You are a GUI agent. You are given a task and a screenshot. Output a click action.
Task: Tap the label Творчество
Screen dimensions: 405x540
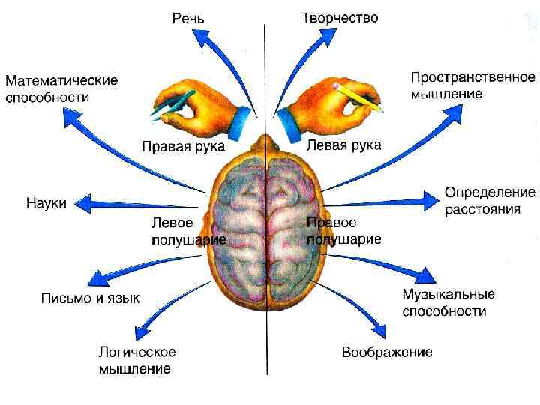click(x=340, y=16)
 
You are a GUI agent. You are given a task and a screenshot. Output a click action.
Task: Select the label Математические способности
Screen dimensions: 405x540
click(x=61, y=88)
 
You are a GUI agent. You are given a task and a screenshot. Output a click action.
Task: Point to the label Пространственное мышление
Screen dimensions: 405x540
click(x=472, y=85)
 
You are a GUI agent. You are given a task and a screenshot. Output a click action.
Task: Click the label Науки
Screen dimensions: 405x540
click(x=46, y=202)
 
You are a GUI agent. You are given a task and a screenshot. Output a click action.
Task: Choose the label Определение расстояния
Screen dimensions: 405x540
click(x=490, y=200)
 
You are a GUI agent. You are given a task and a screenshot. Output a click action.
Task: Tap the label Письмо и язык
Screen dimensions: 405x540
click(x=90, y=298)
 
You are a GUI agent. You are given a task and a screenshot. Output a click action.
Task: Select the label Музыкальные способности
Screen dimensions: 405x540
click(x=448, y=302)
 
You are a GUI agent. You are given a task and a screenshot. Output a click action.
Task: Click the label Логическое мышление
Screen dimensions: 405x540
click(x=137, y=359)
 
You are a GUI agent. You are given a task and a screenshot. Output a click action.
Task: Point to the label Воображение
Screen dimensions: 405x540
click(x=387, y=351)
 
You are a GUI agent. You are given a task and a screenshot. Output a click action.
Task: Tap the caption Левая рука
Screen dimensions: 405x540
click(x=344, y=144)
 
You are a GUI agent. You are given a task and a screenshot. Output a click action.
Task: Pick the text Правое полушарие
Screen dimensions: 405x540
click(x=343, y=231)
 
